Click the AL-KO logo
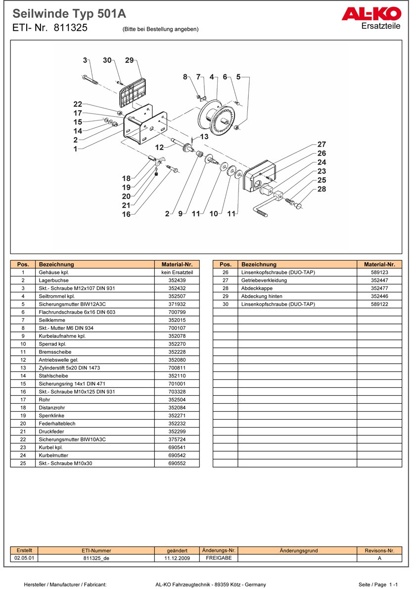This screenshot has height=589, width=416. pyautogui.click(x=371, y=14)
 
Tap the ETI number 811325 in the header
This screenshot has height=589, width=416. pyautogui.click(x=70, y=28)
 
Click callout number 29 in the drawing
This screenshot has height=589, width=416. pyautogui.click(x=129, y=60)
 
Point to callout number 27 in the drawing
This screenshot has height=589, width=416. pyautogui.click(x=322, y=145)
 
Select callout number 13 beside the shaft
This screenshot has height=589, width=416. pyautogui.click(x=204, y=136)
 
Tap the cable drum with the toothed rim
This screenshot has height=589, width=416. pyautogui.click(x=216, y=117)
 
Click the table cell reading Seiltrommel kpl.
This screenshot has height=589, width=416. pyautogui.click(x=56, y=296)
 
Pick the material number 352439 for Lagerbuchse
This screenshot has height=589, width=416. pyautogui.click(x=177, y=280)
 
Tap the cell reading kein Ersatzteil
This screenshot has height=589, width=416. pyautogui.click(x=177, y=272)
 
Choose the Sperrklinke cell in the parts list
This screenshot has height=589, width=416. pyautogui.click(x=51, y=416)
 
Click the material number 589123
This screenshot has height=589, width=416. pyautogui.click(x=379, y=272)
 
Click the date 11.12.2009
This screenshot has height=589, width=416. pyautogui.click(x=177, y=558)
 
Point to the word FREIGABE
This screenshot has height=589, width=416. pyautogui.click(x=219, y=558)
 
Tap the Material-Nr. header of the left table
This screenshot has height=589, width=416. pyautogui.click(x=177, y=265)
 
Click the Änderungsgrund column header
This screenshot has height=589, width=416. pyautogui.click(x=299, y=550)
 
